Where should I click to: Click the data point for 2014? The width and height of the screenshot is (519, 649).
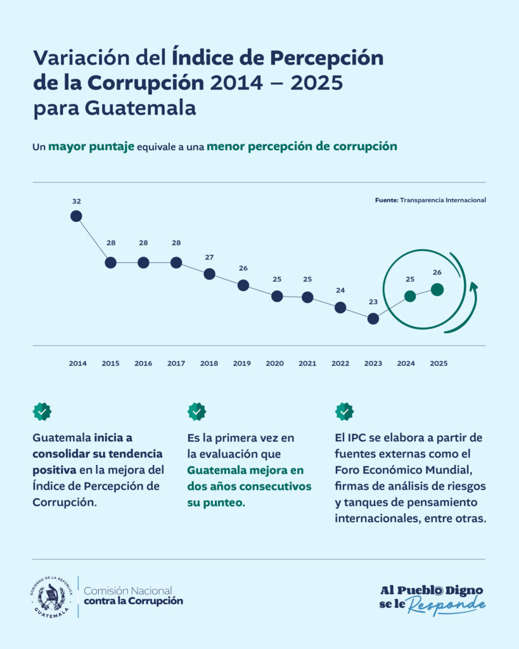(x=76, y=216)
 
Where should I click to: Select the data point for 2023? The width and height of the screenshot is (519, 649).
(x=373, y=319)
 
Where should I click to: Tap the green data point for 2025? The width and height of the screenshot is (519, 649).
(x=437, y=290)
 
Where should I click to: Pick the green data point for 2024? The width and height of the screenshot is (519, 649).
(x=410, y=296)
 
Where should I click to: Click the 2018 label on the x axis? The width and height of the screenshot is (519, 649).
(x=209, y=364)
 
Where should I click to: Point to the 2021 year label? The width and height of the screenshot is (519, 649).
(x=307, y=364)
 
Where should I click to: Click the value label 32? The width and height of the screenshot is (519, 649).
(x=77, y=202)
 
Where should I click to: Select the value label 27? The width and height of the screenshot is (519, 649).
(x=209, y=257)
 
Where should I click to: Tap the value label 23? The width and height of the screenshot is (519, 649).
(x=373, y=302)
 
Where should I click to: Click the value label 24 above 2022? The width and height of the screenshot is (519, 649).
(x=340, y=291)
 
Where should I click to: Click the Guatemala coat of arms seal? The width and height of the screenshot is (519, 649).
(x=51, y=597)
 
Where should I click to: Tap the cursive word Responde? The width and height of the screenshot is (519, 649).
(x=446, y=606)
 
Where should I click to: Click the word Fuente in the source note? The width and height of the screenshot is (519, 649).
(x=386, y=200)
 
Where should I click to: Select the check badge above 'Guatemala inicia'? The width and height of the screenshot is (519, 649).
(x=42, y=411)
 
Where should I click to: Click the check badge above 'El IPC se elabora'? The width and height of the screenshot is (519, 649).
(x=344, y=411)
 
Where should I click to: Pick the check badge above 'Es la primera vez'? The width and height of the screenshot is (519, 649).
(x=196, y=411)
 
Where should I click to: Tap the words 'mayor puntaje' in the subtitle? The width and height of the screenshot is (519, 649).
(x=91, y=146)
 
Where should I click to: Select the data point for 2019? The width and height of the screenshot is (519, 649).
(x=243, y=285)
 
